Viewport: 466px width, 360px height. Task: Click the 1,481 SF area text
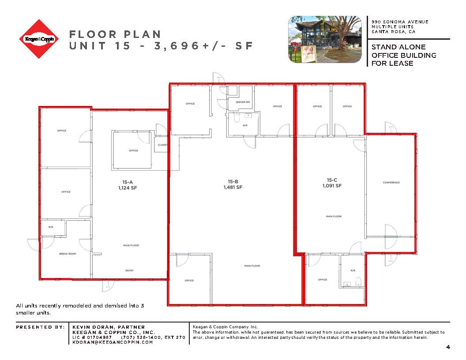[x=233, y=187]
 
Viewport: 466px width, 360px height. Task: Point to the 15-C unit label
[x=332, y=180]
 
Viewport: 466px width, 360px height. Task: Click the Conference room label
[x=391, y=183]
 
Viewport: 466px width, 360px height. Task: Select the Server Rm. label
[x=243, y=102]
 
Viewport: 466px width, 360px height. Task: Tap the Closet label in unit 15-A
[x=162, y=145]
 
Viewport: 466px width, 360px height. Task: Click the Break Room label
[x=68, y=254]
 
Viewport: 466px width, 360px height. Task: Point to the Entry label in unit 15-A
[x=129, y=270]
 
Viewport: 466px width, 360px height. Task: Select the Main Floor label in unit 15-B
[x=252, y=266]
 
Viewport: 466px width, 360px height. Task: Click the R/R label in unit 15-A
[x=50, y=227]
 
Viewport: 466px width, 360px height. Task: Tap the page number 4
[x=448, y=348]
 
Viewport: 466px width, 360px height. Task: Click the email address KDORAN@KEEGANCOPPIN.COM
[x=113, y=342]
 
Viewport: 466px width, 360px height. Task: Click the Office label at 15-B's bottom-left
[x=189, y=281]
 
